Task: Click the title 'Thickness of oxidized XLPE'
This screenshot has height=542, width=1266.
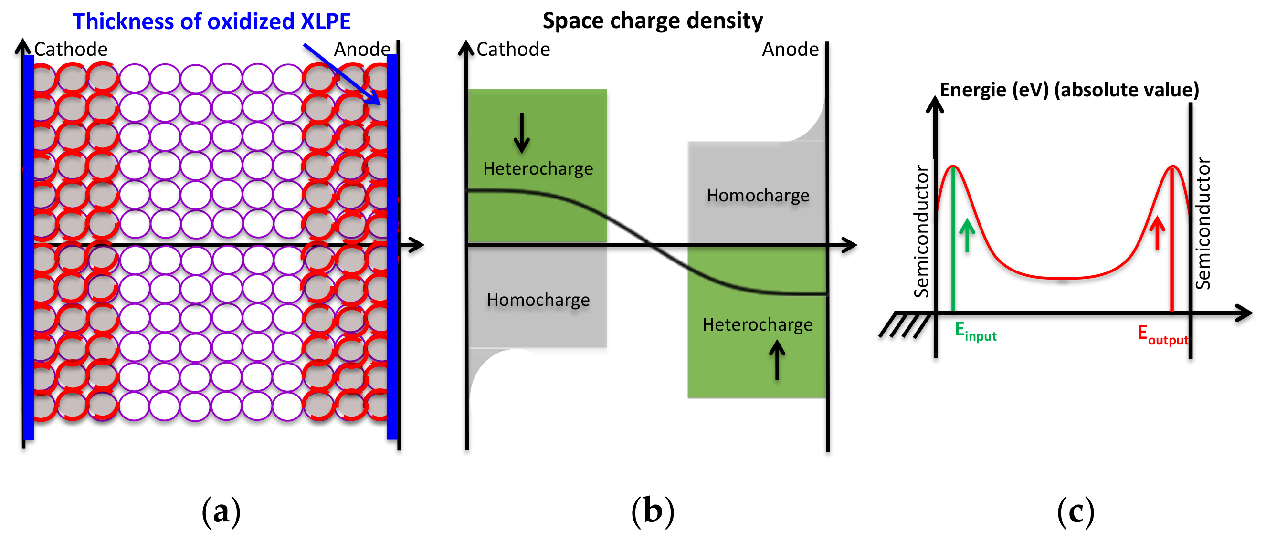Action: pos(211,21)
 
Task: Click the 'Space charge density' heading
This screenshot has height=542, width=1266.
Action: pos(652,21)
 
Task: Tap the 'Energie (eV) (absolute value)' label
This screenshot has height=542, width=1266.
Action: pos(1069,90)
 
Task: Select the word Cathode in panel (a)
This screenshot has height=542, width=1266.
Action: pos(71,50)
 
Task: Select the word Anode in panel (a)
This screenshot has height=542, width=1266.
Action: pos(362,50)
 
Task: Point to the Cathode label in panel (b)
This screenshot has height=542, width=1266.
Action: pos(513,50)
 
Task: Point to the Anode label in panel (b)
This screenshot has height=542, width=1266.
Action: pos(790,50)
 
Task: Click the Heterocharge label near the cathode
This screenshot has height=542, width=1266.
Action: pos(538,168)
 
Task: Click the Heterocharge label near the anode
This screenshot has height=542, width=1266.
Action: pos(757,325)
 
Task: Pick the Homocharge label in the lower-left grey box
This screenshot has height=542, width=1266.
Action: pos(538,300)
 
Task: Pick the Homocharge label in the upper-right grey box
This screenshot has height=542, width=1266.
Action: pos(757,196)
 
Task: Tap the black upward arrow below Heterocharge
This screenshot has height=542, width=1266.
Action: pos(777,360)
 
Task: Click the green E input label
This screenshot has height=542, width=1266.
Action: pos(975,332)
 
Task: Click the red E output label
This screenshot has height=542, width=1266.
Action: pos(1162,334)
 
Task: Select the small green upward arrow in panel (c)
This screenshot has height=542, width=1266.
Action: pos(967,235)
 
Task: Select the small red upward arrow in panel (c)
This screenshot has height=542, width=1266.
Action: pos(1157,232)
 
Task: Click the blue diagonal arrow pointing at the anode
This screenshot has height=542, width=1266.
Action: pos(342,74)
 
